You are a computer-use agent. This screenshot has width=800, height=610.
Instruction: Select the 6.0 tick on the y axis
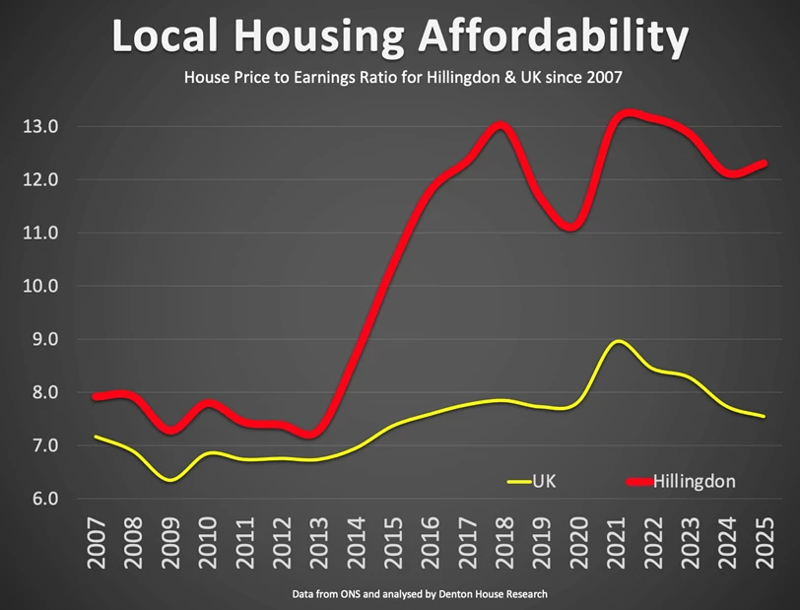41,499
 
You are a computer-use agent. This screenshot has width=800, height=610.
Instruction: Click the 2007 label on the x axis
97,543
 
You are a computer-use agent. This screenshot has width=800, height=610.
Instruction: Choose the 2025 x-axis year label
764,543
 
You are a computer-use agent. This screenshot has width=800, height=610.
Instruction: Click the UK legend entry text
544,481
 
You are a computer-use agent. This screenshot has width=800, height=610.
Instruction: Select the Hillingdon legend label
695,481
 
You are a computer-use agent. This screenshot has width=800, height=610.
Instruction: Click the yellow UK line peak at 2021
617,342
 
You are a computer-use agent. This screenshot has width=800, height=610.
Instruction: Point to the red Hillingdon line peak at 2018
500,125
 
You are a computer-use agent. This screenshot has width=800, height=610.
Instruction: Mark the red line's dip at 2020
574,227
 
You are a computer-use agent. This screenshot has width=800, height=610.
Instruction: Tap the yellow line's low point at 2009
170,480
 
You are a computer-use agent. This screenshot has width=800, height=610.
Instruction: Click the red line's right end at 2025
764,164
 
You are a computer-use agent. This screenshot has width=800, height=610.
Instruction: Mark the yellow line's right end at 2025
764,417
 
